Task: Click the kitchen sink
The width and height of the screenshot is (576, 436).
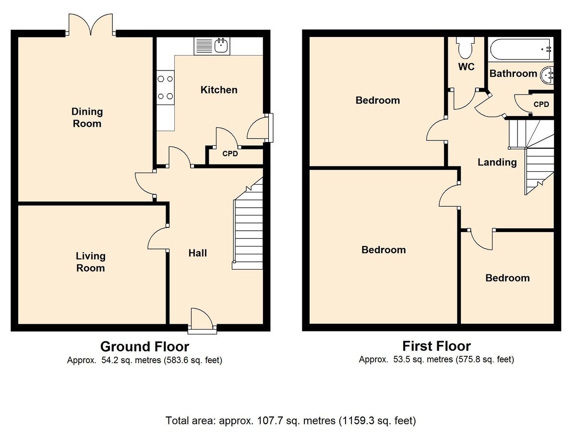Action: pos(221,46)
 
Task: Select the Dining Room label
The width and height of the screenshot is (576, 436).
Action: pos(87,118)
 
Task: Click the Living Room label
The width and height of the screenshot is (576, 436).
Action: pos(90,262)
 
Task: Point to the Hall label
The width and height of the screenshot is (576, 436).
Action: pos(197,253)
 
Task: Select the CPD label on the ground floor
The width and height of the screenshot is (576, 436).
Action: pos(230,154)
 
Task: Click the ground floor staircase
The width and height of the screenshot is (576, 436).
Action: pos(248,223)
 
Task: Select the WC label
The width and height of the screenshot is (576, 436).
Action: pos(466,67)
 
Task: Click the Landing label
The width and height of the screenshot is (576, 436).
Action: pos(497,162)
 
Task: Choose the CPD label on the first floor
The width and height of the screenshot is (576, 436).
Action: pos(541,104)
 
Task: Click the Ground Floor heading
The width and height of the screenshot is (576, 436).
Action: pos(144,346)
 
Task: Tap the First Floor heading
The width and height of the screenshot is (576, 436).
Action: pos(436,346)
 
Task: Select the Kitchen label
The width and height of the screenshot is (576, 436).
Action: pos(219,90)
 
